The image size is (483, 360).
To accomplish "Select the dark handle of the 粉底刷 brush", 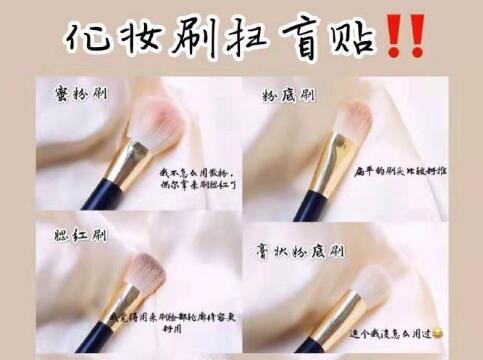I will tap(304, 205).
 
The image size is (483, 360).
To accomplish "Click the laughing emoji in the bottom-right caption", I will tap(466, 329).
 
